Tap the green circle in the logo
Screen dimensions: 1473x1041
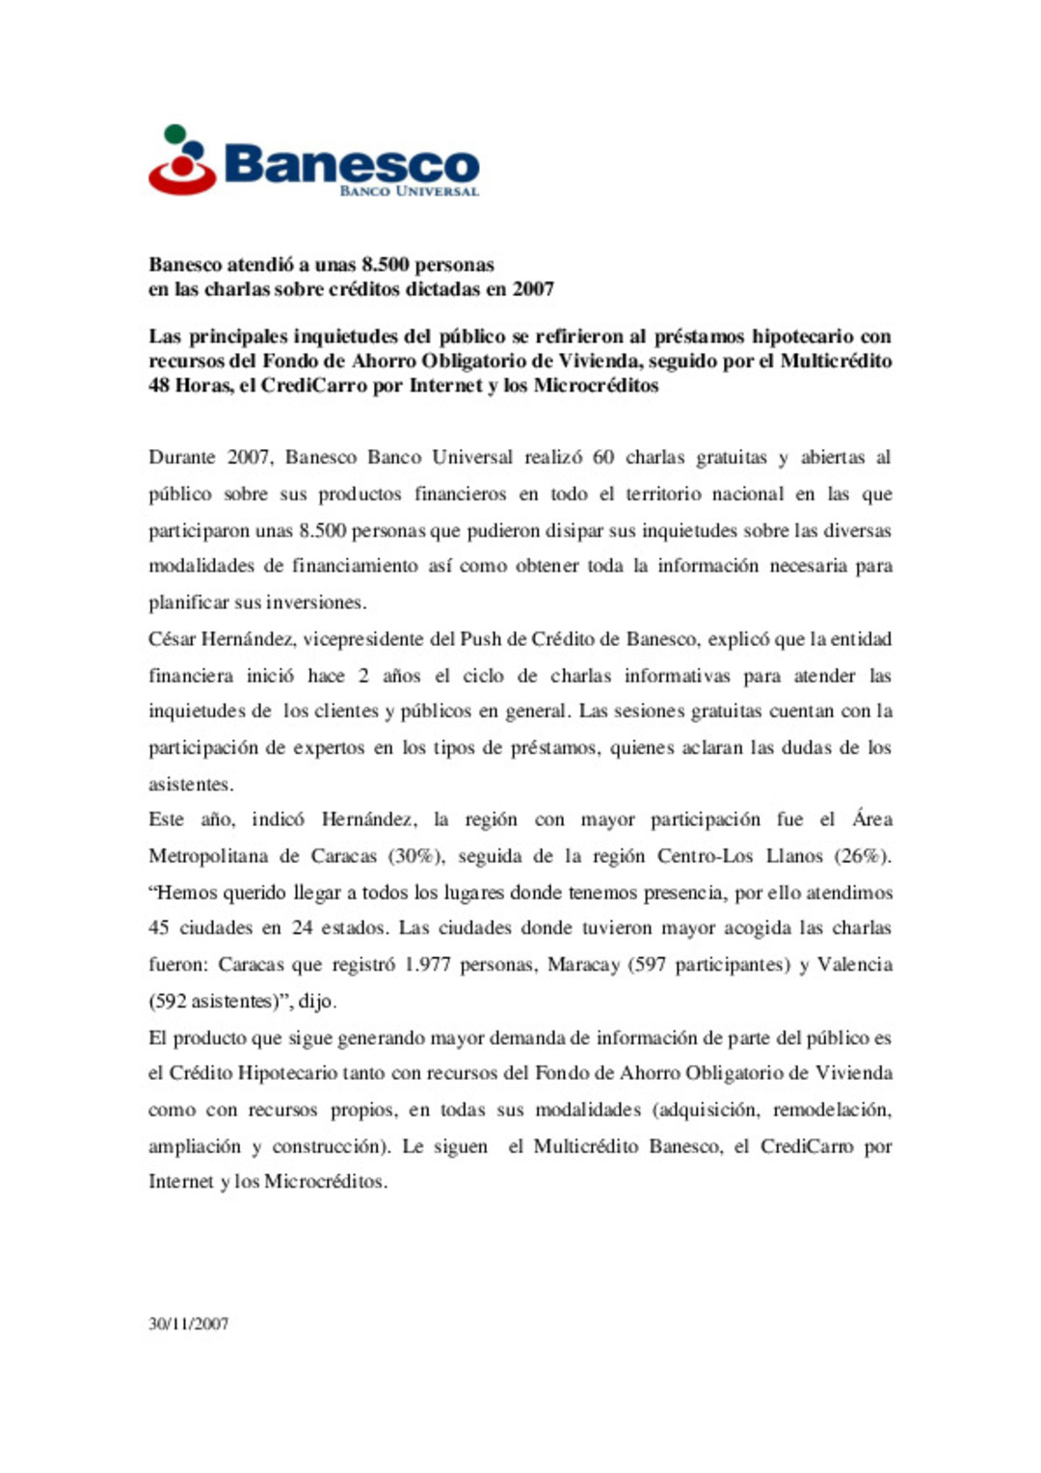(174, 134)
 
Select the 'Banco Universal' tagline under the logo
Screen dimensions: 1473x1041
(409, 191)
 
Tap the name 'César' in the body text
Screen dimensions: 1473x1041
(172, 638)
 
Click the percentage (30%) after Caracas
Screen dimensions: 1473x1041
(415, 855)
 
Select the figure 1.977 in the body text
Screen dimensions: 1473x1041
(427, 964)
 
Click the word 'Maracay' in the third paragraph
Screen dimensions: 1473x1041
(583, 964)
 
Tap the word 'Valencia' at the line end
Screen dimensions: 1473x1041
(854, 964)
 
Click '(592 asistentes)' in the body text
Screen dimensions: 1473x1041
(220, 1001)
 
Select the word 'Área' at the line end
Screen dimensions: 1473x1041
(871, 818)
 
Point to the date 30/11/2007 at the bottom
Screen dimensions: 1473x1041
(188, 1324)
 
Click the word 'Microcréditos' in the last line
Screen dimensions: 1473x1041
(325, 1181)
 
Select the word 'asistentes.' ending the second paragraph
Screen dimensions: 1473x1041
(190, 784)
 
